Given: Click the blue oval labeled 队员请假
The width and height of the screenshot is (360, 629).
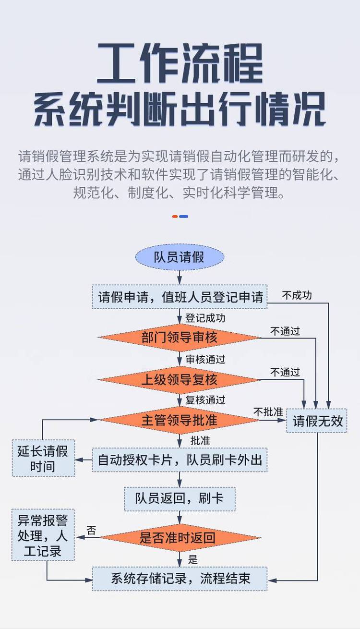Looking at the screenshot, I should coord(180,257).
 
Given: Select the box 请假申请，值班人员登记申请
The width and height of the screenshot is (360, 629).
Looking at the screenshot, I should coord(180,297).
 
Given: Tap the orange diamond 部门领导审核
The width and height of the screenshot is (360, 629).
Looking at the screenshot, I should coord(180,338).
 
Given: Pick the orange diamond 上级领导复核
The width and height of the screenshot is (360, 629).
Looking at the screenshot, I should coord(180,380).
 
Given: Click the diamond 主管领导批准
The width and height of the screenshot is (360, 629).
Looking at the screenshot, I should coord(180,420).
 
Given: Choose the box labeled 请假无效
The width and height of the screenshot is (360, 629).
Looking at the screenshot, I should coord(317,421).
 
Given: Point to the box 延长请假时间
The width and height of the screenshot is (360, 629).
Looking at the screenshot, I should coord(43,459).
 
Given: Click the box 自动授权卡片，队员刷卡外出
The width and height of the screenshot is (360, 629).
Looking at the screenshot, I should coord(180,460).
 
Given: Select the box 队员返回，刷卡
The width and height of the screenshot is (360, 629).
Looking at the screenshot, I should coord(180,498).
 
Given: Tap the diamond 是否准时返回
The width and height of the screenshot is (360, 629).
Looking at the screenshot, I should coord(180,538).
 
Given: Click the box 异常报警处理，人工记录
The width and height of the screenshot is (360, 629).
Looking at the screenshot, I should coord(43,535).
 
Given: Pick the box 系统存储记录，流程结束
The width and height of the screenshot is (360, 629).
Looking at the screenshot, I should coord(180,578).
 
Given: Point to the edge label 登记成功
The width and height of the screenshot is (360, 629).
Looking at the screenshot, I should coord(205,318).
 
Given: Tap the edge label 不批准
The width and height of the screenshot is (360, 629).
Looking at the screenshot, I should coord(268,412).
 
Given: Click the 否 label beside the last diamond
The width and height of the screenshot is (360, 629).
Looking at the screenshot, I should coord(91,531).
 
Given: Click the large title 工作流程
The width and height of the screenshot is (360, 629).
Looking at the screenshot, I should coord(180,63).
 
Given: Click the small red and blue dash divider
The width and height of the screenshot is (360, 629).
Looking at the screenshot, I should coord(180,217).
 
